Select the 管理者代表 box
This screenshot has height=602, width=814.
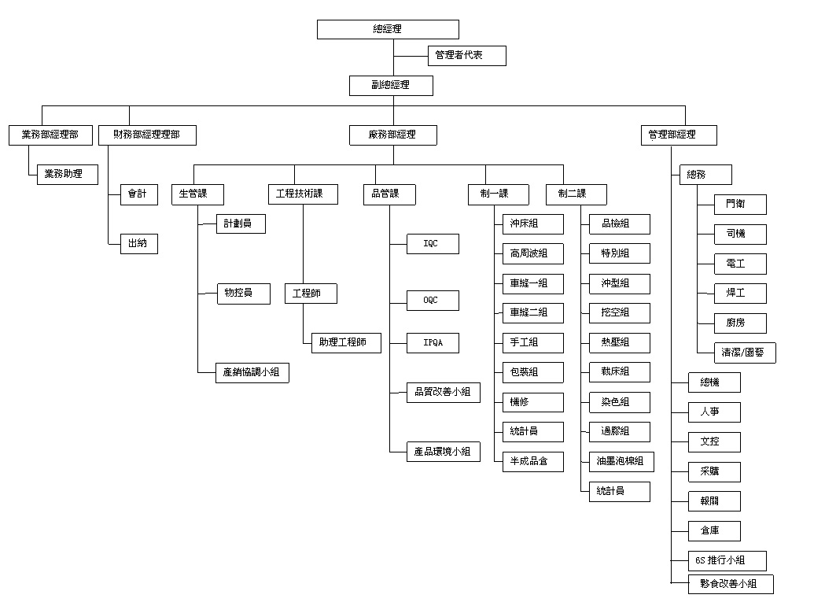[x=466, y=56]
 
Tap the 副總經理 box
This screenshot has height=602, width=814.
[x=392, y=85]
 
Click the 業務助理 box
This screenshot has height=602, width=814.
[x=71, y=174]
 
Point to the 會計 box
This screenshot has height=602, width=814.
[x=138, y=194]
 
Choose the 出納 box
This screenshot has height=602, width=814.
[x=138, y=244]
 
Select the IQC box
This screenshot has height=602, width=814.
[x=432, y=244]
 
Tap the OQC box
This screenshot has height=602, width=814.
[x=432, y=301]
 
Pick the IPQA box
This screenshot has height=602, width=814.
[x=432, y=343]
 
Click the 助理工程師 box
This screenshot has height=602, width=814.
[x=345, y=343]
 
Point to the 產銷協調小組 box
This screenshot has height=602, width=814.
[x=252, y=372]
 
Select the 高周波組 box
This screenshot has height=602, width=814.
[x=533, y=253]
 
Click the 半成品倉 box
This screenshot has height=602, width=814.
[x=533, y=461]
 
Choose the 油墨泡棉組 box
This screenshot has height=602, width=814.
[x=621, y=461]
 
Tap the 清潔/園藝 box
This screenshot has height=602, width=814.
[x=744, y=353]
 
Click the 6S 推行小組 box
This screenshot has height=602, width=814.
[x=727, y=561]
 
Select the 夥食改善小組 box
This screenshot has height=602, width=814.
[x=731, y=584]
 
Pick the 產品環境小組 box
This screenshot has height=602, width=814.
[x=443, y=452]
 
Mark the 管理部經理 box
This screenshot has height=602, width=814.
[x=679, y=135]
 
